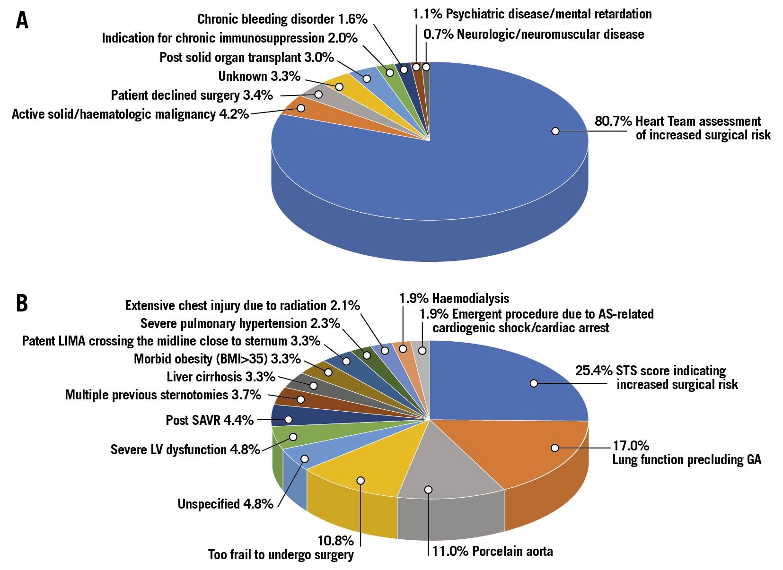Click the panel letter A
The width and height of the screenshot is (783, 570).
click(22, 20)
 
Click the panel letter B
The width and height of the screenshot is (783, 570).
click(22, 303)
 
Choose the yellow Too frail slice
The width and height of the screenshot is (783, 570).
click(360, 468)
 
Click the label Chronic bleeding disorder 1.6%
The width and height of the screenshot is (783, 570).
click(282, 19)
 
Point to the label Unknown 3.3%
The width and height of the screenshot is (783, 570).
click(259, 76)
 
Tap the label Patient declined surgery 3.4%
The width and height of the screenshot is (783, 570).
click(192, 95)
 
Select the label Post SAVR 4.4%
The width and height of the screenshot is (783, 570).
click(210, 420)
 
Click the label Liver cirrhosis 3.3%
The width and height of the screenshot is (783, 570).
click(221, 377)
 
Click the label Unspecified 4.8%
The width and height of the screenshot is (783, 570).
click(225, 504)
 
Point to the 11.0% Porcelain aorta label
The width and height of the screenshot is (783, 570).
click(492, 551)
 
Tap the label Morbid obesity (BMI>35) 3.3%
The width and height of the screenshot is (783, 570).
click(217, 359)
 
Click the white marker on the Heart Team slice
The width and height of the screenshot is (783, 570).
click(555, 130)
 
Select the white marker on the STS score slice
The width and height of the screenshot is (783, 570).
click(534, 383)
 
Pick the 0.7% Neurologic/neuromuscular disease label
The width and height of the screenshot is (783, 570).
click(534, 34)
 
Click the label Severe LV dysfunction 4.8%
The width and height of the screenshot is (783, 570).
click(185, 449)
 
